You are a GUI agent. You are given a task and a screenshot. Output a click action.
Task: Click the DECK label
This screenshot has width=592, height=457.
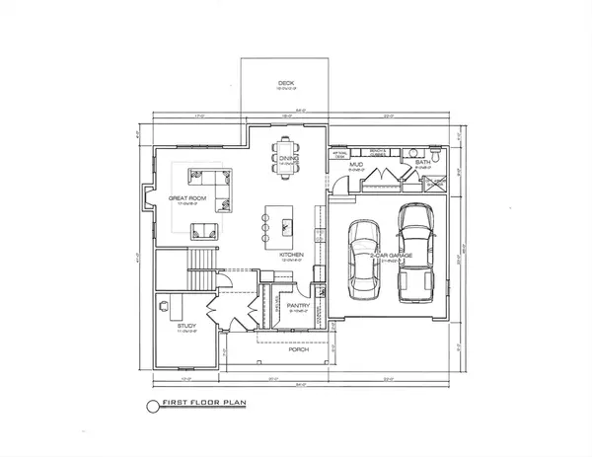click(x=286, y=84)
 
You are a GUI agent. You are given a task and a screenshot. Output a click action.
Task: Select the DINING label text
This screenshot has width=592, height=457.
click(x=288, y=158)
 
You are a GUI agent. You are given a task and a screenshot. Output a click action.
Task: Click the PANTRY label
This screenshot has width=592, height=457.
click(x=298, y=306)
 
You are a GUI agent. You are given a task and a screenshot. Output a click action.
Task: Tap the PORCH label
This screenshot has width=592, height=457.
click(x=298, y=349)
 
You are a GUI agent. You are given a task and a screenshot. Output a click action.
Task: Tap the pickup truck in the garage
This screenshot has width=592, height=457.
click(x=414, y=252)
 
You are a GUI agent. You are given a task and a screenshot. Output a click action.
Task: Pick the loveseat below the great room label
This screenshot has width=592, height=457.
click(x=205, y=231)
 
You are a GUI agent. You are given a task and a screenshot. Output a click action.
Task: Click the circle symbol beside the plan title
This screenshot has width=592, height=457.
click(x=151, y=405)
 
